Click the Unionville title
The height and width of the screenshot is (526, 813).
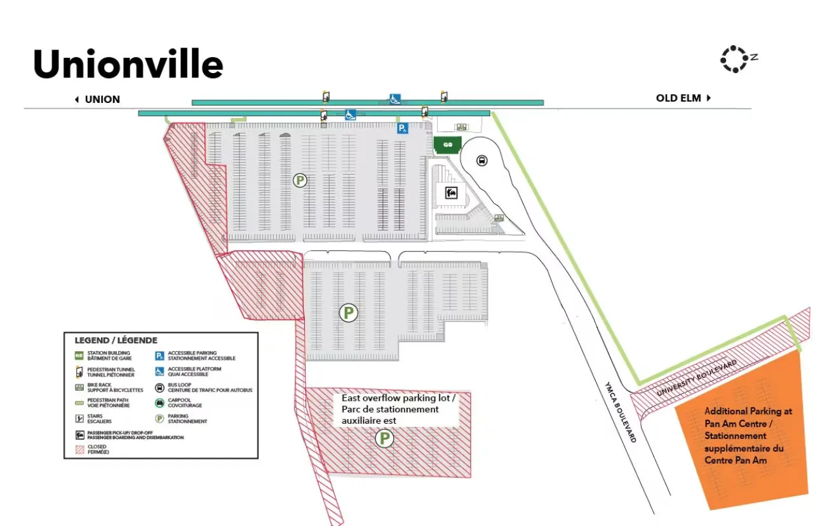tap(128, 64)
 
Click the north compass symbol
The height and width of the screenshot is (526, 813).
tap(736, 58)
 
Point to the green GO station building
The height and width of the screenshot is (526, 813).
tap(447, 144)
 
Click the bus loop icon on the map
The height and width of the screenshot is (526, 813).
tap(481, 160)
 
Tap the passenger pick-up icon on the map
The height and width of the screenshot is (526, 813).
tap(452, 192)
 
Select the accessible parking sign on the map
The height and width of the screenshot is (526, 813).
tap(401, 128)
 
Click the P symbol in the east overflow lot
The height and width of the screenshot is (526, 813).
tap(384, 438)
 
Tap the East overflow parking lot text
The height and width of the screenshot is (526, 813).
tap(398, 408)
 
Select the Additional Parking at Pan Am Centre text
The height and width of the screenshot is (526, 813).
tap(748, 436)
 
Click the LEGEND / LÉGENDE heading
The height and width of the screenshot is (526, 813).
tap(116, 341)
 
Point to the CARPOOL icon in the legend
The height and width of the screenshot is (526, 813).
tap(159, 403)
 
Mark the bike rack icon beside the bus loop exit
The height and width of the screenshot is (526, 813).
tap(499, 218)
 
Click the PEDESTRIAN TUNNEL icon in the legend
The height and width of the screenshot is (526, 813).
tap(79, 372)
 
